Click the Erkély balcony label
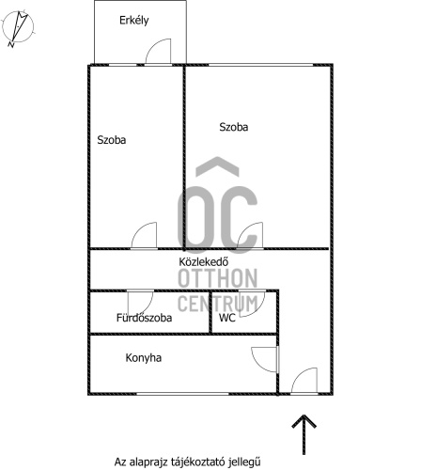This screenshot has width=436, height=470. pos(134,21)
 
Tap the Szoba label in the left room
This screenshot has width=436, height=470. pos(112,140)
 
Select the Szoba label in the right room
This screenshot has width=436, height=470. pos(234,127)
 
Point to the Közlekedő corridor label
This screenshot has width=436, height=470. pos(204,261)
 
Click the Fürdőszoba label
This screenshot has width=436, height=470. pos(144,318)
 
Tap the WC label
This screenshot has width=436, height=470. pos(227,318)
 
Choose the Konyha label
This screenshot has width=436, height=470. pos(144,358)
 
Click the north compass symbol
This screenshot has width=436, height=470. pos(18,28)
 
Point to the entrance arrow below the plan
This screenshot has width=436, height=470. pos(304,434)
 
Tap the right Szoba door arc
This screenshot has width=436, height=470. pos(243,230)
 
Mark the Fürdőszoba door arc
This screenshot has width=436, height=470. pos(148,308)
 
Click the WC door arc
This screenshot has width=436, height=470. pos(258,309)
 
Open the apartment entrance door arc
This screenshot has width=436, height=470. pos(297,375)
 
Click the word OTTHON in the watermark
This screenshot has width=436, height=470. pos(218,278)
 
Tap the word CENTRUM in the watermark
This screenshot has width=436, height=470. pos(218,303)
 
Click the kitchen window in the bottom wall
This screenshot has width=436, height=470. pos(182,394)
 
